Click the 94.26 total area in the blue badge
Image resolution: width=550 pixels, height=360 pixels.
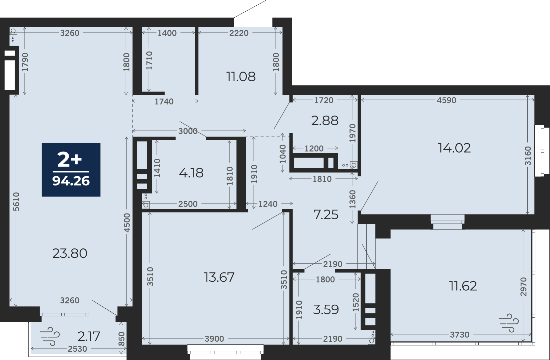click(71, 181)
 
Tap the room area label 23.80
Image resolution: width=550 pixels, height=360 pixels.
click(70, 253)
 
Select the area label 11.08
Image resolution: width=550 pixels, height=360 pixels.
click(241, 77)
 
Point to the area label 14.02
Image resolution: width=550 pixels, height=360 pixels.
click(454, 148)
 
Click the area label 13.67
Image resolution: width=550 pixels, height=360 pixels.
click(219, 277)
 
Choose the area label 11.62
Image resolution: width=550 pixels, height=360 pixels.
click(463, 286)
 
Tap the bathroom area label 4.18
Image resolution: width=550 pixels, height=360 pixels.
click(191, 173)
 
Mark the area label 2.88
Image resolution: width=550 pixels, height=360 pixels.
click(325, 121)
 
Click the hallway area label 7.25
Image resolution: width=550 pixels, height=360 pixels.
click(326, 215)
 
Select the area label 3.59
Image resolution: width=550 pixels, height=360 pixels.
click(326, 309)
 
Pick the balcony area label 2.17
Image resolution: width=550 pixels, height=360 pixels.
click(89, 336)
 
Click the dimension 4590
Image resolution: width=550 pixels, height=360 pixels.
click(447, 100)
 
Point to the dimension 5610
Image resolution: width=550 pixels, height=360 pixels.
click(16, 201)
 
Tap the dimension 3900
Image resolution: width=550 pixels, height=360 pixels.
click(214, 339)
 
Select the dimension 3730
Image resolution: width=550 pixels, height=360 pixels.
click(460, 335)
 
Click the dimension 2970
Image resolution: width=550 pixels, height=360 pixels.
click(524, 287)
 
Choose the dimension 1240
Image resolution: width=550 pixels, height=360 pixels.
click(268, 204)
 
